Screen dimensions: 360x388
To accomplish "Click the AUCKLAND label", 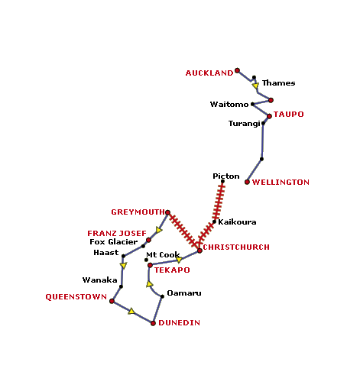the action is [x=209, y=73].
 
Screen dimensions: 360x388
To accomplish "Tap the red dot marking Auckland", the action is [x=237, y=70].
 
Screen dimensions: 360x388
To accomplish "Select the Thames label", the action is [x=279, y=83].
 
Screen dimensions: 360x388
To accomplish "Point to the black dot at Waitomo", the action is [x=252, y=104].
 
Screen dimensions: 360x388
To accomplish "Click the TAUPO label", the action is [x=289, y=115].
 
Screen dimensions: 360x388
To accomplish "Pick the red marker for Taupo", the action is [x=269, y=116].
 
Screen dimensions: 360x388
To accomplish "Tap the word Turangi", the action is [x=245, y=124].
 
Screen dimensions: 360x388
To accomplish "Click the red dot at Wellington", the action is [x=247, y=182].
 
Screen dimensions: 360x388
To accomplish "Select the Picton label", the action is [x=226, y=176].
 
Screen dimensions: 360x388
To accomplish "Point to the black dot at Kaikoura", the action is [x=214, y=221].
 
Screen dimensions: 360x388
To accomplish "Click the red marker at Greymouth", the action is [x=167, y=212].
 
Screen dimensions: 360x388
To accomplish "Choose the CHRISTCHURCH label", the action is [x=236, y=247].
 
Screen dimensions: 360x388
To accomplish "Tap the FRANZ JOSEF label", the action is [x=117, y=234].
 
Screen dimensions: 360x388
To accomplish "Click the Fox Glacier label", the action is [x=114, y=242].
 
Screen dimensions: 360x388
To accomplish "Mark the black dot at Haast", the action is [x=123, y=256].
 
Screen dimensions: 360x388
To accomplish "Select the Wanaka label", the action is [x=99, y=280].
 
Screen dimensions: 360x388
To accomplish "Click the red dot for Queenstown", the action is [x=112, y=301].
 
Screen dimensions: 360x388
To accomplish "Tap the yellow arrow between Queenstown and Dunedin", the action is [x=131, y=311].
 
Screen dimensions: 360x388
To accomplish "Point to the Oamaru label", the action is [x=184, y=293].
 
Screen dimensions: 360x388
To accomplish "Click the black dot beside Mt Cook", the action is [x=146, y=260].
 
